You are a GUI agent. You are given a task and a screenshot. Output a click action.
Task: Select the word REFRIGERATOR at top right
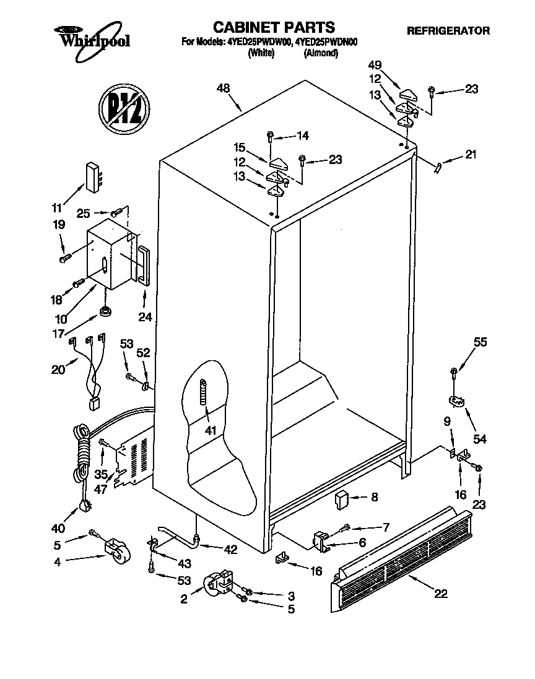448,30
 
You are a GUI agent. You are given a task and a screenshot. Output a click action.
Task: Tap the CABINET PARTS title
274,27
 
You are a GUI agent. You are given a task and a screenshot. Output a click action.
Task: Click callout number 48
223,89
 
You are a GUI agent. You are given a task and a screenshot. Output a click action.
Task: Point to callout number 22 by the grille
441,594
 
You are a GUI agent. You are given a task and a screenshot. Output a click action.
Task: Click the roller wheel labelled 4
117,551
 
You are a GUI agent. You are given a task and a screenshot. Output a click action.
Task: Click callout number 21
471,155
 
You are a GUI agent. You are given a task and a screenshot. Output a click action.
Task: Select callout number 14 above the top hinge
303,136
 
